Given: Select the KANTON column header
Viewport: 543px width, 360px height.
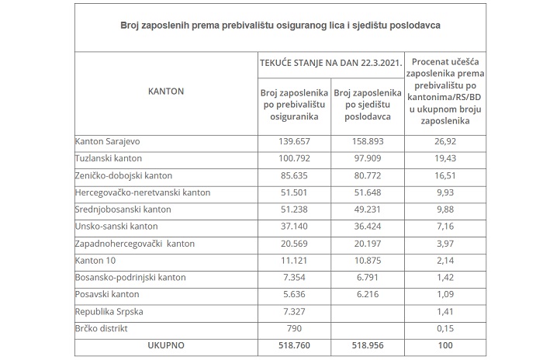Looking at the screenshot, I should [165, 91].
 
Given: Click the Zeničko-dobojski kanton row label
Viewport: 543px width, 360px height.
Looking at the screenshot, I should [123, 175].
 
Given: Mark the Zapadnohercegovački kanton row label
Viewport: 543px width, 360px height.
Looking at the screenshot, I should [135, 244].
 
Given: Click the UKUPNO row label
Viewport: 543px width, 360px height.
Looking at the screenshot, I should [165, 344].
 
